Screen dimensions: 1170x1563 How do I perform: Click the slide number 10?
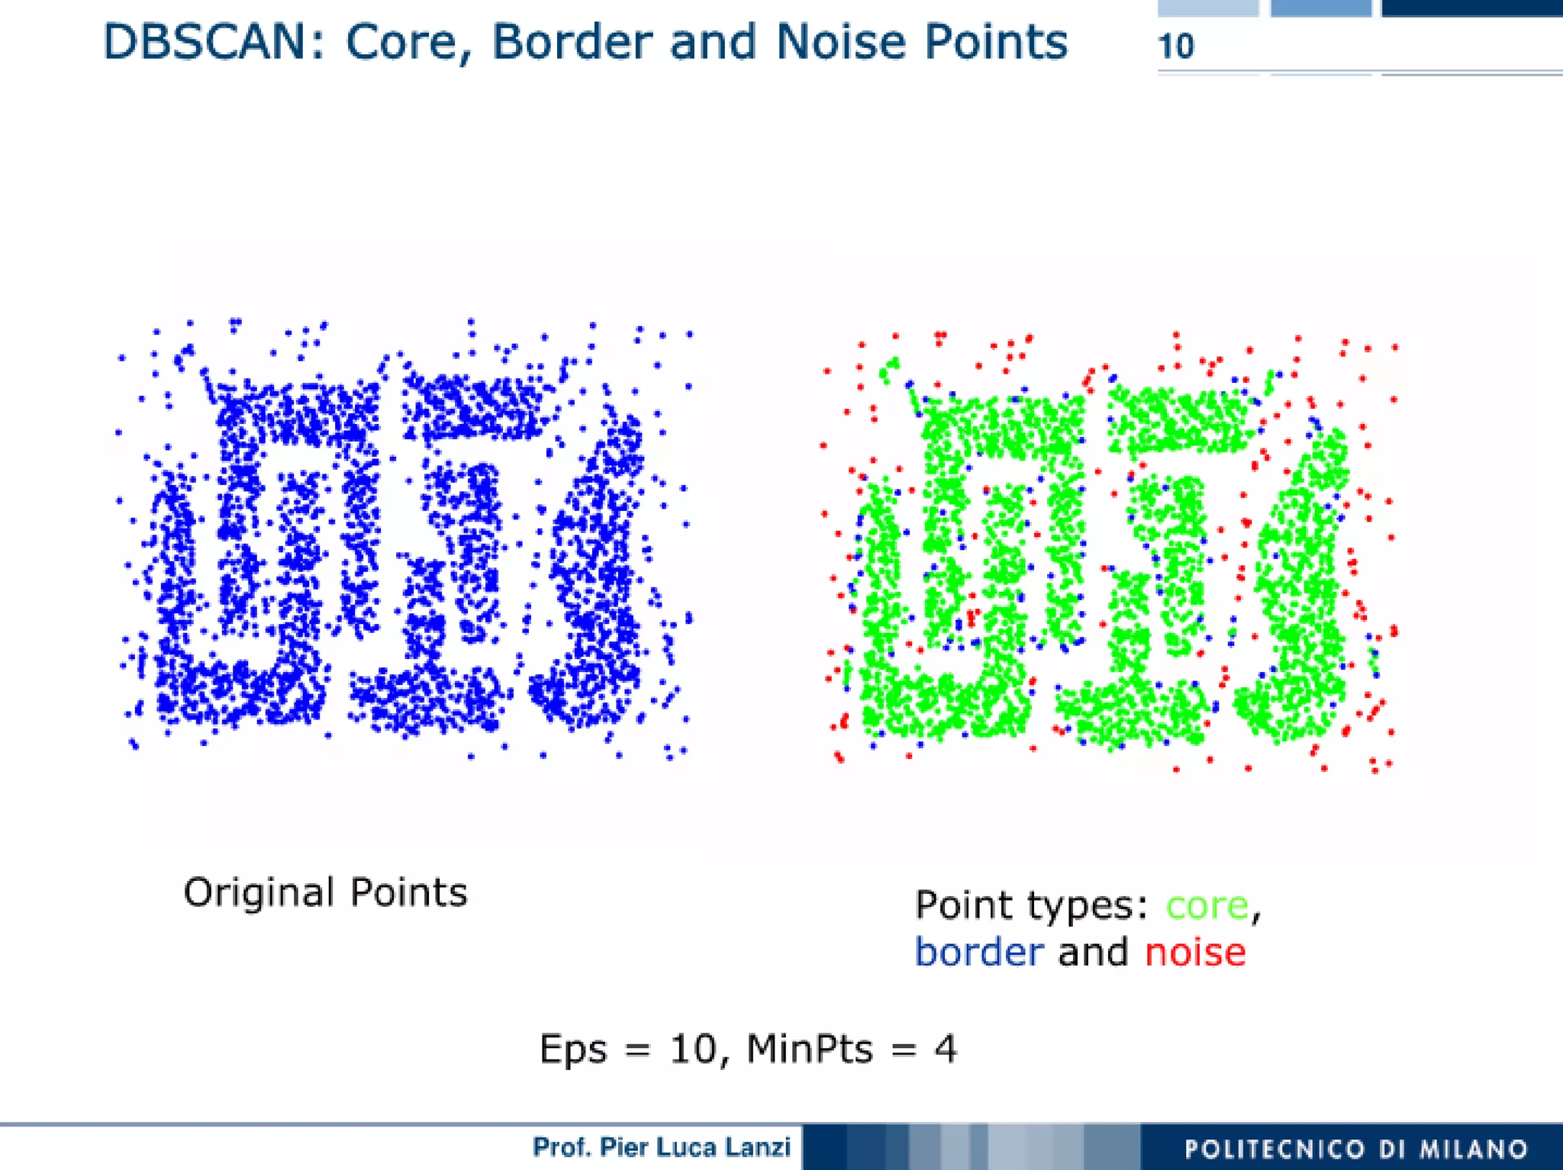(1175, 47)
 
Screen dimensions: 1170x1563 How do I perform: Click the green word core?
(1207, 905)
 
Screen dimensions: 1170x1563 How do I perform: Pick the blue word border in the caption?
(979, 952)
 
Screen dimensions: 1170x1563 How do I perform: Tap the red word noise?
(1195, 953)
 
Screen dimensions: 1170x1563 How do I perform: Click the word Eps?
(572, 1049)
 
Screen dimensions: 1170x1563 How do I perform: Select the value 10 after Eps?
(692, 1049)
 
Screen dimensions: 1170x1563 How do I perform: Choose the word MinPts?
(809, 1049)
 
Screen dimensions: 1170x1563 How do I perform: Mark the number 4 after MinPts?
(945, 1049)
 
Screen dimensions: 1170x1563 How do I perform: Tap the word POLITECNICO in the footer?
(1275, 1149)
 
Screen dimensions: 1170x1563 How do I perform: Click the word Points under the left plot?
(408, 892)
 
